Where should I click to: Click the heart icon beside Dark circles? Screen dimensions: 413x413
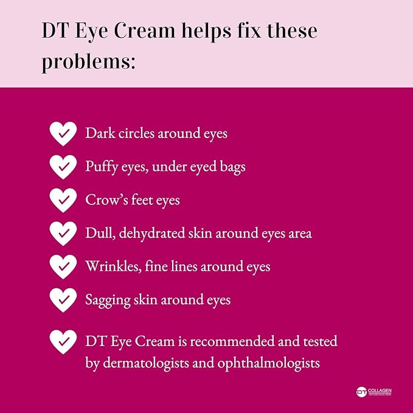point(63,134)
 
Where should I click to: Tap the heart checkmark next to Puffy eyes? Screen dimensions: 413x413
point(63,167)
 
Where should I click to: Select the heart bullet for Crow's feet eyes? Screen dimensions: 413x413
point(63,200)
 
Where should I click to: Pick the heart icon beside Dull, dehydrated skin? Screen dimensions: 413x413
point(63,234)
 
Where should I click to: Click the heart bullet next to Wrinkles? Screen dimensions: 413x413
point(63,267)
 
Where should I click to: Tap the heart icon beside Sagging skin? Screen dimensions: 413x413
point(63,300)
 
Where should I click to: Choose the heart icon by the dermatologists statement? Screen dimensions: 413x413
point(63,342)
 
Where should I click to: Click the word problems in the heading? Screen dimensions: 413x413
point(89,62)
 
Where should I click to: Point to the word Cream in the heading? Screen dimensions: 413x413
point(144,31)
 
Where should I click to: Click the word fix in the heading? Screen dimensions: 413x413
point(249,31)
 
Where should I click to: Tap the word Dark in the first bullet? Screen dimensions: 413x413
point(100,133)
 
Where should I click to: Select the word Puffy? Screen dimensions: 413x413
point(102,167)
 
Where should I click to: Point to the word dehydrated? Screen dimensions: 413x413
point(152,234)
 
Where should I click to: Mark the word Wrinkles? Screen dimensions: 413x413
point(113,266)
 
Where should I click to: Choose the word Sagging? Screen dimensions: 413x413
point(108,300)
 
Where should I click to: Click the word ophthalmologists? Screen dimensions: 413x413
point(268,364)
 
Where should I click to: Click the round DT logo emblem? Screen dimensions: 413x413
point(361,392)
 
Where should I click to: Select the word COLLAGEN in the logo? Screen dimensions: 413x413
point(380,390)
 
